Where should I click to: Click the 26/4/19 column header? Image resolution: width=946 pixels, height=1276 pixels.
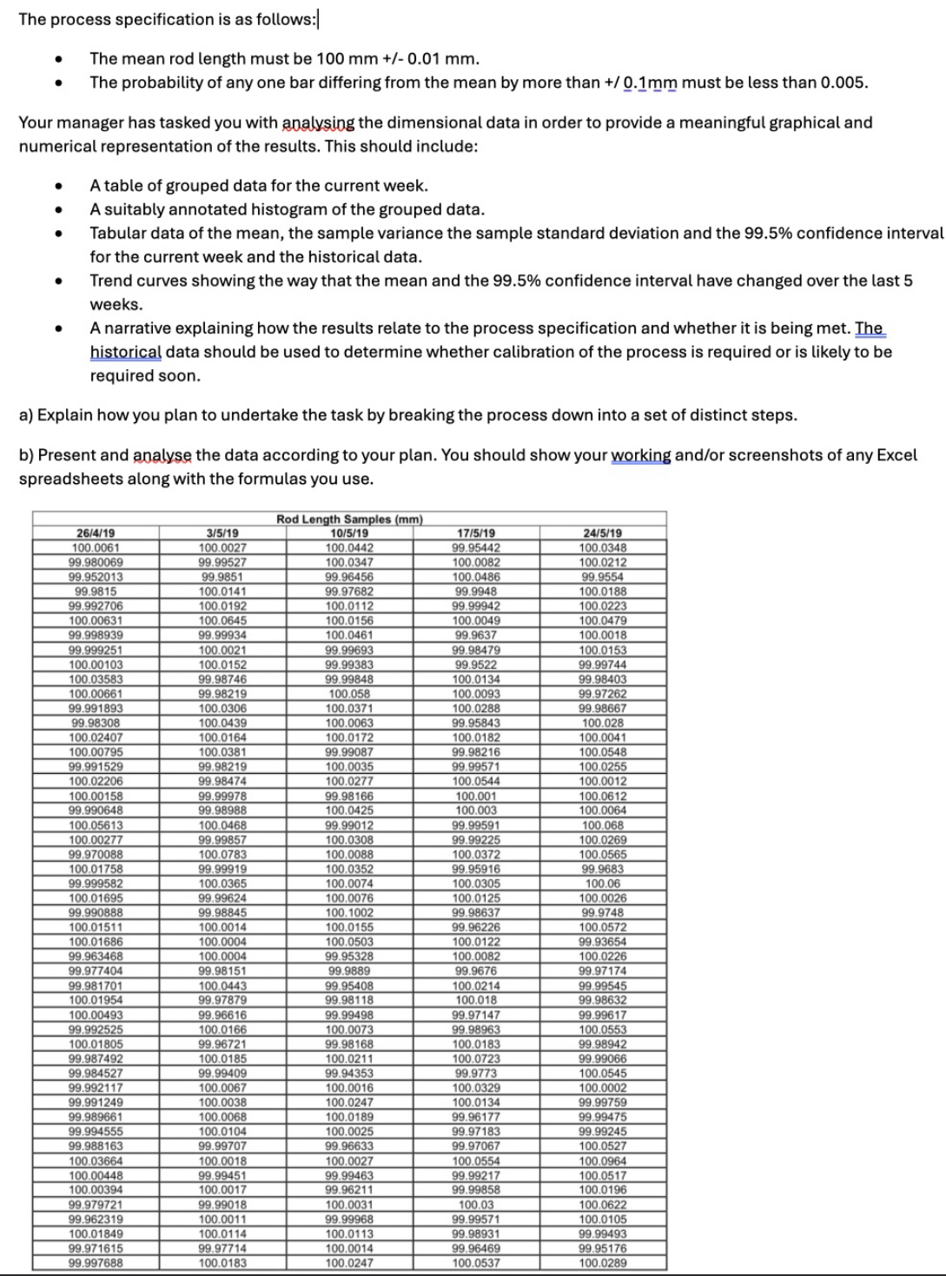(96, 533)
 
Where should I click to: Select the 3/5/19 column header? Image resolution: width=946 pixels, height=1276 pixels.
(222, 533)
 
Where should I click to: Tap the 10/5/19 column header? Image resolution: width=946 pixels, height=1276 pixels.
(349, 533)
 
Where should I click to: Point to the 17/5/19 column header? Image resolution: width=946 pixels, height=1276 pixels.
(476, 533)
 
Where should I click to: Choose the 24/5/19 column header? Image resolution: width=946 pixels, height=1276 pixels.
(603, 533)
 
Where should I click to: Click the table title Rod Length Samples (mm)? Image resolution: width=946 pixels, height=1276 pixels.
(349, 519)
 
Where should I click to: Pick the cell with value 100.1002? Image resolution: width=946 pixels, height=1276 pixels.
(349, 913)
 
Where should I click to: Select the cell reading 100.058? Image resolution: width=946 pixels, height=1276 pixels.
(349, 694)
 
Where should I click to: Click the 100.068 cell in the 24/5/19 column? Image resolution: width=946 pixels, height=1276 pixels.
(603, 825)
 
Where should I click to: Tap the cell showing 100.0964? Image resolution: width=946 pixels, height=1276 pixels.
(603, 1160)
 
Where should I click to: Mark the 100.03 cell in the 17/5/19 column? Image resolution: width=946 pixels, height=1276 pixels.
(476, 1205)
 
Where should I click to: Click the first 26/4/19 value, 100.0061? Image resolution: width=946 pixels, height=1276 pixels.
(96, 548)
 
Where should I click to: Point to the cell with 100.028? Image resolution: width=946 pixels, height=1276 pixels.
(603, 723)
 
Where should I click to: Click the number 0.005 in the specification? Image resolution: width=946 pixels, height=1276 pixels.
(843, 83)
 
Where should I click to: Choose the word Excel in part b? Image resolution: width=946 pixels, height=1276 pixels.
(896, 455)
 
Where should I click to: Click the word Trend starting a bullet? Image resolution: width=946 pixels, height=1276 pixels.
(111, 281)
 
